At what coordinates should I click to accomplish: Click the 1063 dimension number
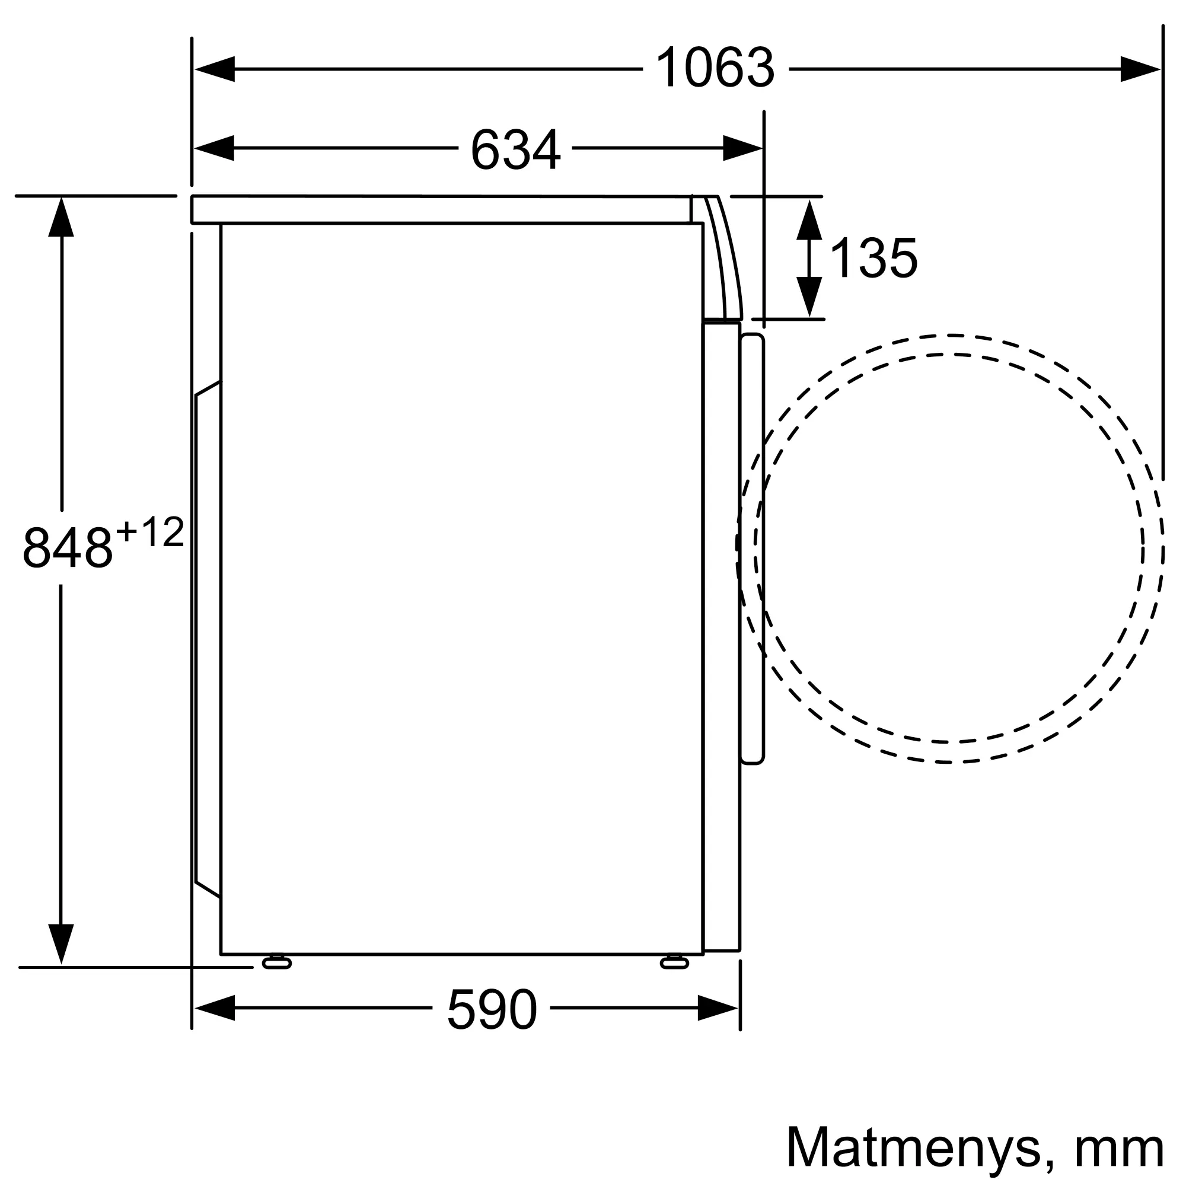pos(715,69)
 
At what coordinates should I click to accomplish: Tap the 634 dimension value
pos(516,149)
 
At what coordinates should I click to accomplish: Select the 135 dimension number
pos(873,258)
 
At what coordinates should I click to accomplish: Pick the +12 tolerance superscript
pos(151,533)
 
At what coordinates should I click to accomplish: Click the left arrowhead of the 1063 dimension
pos(214,69)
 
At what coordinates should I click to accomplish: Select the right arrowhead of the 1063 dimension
pos(1140,69)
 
